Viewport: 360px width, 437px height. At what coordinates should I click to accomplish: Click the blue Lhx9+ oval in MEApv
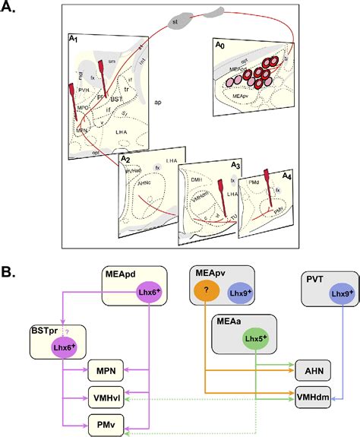[238, 293]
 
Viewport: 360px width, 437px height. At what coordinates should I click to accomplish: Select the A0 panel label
[217, 46]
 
